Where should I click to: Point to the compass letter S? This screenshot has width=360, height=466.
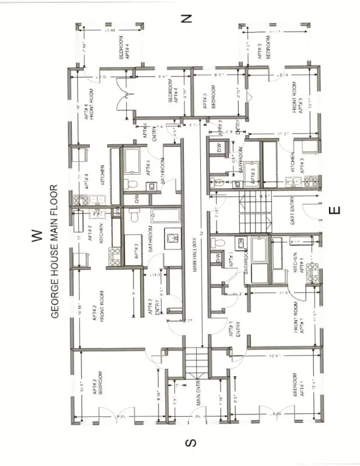pyautogui.click(x=189, y=444)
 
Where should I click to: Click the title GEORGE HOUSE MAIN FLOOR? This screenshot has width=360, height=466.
pyautogui.click(x=54, y=252)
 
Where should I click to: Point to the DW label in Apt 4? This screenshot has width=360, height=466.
pyautogui.click(x=136, y=198)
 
